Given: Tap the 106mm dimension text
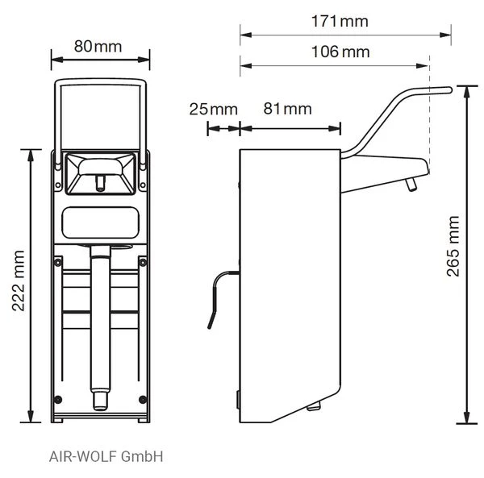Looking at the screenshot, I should (x=341, y=52).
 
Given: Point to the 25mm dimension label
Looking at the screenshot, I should (x=213, y=108).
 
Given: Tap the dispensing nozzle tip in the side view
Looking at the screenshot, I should (x=411, y=187).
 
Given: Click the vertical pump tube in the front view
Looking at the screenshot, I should (x=100, y=322).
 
